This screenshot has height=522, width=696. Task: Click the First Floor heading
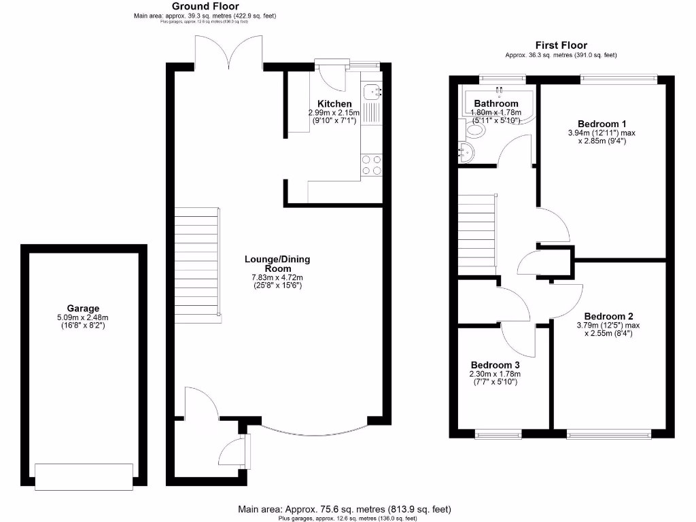coord(561,46)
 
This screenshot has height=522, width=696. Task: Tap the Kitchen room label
coord(334,103)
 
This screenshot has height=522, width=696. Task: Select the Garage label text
coord(83,308)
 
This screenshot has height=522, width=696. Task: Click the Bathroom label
coord(496,103)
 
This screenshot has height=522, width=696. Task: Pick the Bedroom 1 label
coord(597,124)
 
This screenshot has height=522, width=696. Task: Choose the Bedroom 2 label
coord(608,316)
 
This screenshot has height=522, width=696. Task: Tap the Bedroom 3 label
coord(495,364)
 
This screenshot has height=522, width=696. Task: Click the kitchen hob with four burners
coord(371,165)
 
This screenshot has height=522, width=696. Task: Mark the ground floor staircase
coord(197,265)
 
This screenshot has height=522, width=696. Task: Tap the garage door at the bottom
coord(84,476)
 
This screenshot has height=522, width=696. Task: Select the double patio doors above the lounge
coord(229,51)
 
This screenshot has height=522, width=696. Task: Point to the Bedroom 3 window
coord(498,433)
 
